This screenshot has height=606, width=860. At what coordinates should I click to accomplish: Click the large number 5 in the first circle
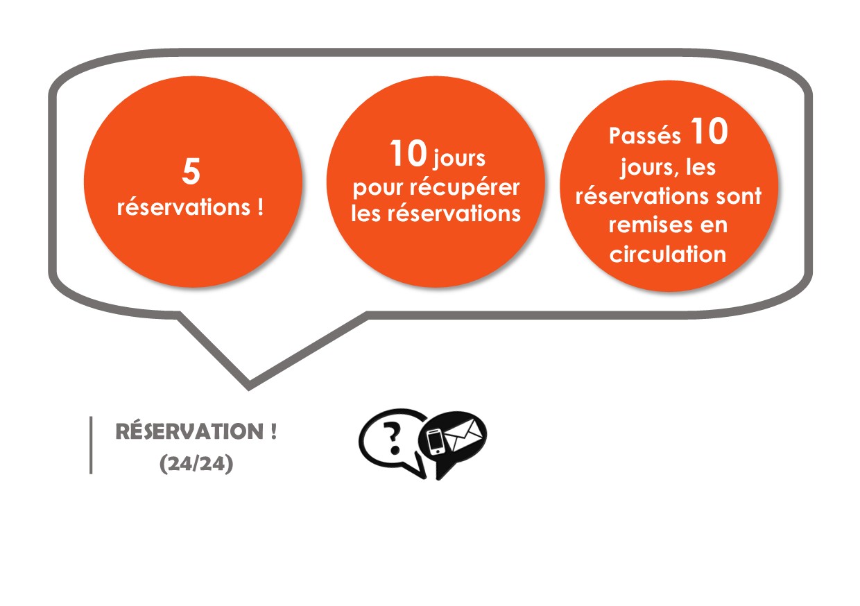click(191, 171)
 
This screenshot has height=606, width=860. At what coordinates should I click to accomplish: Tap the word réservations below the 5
click(184, 207)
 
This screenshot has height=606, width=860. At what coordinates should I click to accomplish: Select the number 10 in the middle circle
click(409, 153)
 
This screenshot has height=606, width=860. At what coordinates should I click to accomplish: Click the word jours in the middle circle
click(459, 159)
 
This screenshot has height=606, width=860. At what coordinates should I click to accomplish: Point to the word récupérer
click(464, 188)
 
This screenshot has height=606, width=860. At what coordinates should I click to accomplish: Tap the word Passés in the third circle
click(645, 136)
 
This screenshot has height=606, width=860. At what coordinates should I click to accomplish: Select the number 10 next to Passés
click(709, 131)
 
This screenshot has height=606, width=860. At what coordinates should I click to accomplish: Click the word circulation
click(668, 254)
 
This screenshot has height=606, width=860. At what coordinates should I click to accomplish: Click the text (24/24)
click(196, 464)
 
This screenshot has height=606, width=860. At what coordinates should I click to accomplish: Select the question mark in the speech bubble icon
click(393, 438)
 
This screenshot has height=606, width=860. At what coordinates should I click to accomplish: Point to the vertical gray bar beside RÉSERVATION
click(91, 445)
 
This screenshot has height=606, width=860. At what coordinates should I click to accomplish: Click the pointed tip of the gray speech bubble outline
click(248, 389)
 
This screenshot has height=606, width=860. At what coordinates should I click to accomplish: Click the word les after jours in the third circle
click(700, 167)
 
